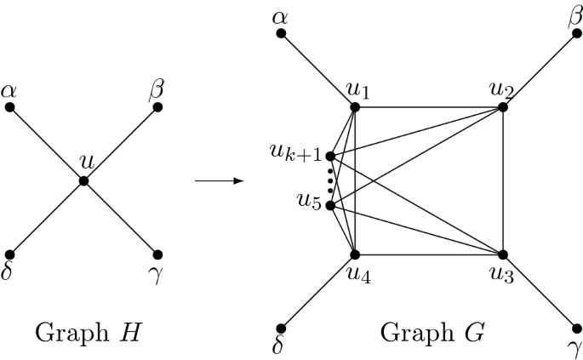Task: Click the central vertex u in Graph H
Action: click(83, 180)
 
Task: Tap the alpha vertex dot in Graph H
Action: click(9, 107)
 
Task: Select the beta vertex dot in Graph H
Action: click(157, 107)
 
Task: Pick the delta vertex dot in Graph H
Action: click(9, 254)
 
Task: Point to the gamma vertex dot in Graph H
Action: click(157, 254)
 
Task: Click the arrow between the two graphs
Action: click(214, 180)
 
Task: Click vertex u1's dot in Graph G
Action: click(355, 107)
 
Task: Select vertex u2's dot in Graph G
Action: click(502, 107)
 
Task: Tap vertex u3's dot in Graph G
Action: click(502, 254)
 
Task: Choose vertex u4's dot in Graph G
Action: click(355, 254)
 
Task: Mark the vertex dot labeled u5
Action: click(330, 205)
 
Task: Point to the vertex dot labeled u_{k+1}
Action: click(330, 157)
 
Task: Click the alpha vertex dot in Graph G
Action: click(281, 34)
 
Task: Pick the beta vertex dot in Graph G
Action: click(576, 34)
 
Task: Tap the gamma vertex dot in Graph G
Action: click(576, 328)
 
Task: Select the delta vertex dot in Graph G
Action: click(281, 328)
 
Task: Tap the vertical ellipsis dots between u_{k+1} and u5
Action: click(330, 180)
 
